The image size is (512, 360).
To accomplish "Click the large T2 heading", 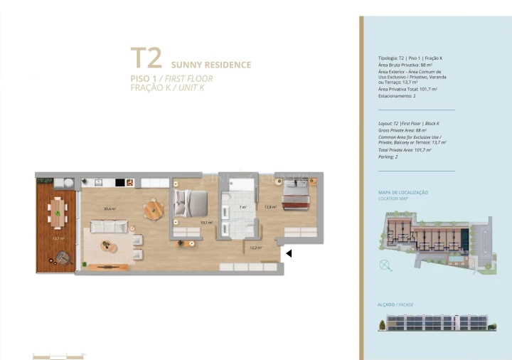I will pos(146,58).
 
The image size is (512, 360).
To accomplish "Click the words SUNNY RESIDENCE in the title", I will pos(211,65).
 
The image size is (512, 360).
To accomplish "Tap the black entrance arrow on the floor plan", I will pos(288,252).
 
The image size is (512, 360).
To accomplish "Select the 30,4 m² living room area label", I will pos(110,209).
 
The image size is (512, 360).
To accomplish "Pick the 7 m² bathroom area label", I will pos(242,207).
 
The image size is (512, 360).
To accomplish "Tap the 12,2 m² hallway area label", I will pos(255,248).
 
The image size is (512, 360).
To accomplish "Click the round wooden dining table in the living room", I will pos(154,210).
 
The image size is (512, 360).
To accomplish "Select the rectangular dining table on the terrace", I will pos(58,211).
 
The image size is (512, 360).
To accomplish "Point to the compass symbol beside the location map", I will pos(385,265).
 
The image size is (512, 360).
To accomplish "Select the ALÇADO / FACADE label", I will pos(396,305).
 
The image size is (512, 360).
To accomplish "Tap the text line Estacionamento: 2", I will pos(397,95).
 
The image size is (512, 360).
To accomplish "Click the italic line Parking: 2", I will pos(390,157).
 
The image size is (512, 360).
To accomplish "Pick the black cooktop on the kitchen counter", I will pos(120,182).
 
